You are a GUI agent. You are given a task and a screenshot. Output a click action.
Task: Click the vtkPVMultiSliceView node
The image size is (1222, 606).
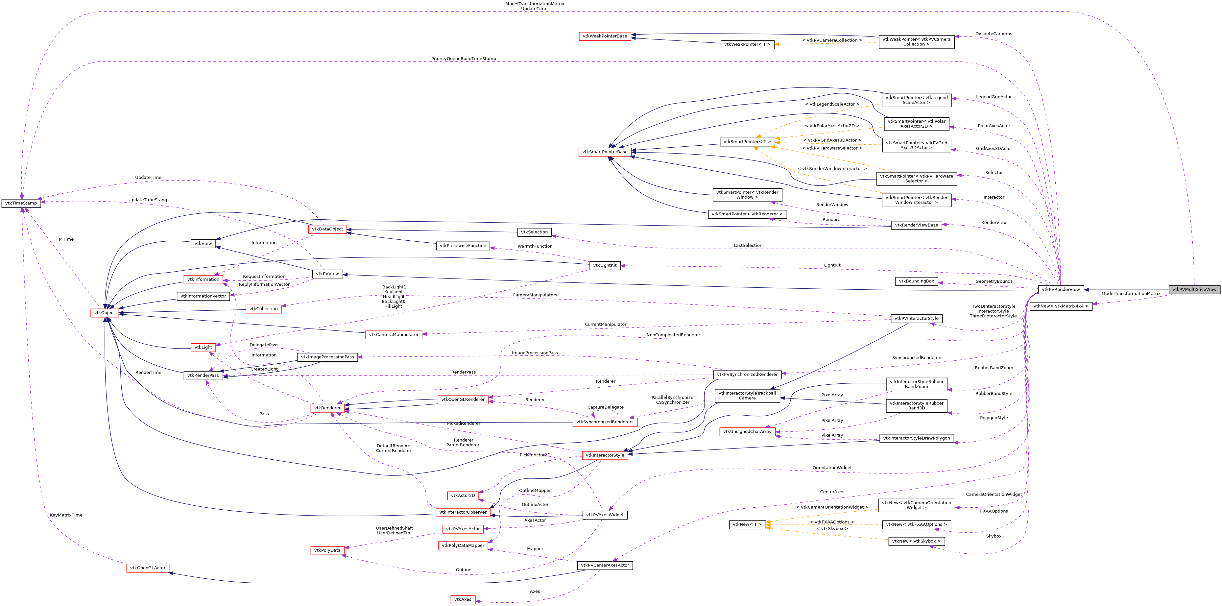(1194, 289)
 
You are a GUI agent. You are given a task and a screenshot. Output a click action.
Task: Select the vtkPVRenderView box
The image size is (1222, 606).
(1061, 289)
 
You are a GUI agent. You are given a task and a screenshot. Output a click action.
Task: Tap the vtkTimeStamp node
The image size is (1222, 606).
(21, 203)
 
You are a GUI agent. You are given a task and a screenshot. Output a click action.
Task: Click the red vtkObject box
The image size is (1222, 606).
(104, 313)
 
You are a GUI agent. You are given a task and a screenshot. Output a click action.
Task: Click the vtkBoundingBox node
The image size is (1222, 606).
(916, 281)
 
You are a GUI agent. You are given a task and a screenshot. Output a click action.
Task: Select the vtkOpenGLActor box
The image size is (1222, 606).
(148, 568)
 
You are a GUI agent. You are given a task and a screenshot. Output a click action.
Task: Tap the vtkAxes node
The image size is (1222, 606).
(463, 599)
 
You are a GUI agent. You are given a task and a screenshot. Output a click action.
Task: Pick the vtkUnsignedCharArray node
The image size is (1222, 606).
(748, 432)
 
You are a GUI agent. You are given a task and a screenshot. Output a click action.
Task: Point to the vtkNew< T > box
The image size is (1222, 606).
(747, 524)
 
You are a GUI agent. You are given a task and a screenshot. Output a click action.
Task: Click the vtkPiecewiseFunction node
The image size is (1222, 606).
(463, 246)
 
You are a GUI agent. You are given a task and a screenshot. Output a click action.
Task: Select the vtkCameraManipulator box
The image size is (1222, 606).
(394, 334)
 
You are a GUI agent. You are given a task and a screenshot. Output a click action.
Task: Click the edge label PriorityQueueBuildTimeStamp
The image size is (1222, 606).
(464, 59)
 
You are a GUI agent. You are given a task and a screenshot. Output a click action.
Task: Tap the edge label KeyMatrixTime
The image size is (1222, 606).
(66, 515)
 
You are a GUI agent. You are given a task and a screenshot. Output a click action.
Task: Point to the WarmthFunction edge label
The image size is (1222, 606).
(535, 246)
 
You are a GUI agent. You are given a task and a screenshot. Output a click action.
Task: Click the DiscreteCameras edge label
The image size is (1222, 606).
(994, 34)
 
